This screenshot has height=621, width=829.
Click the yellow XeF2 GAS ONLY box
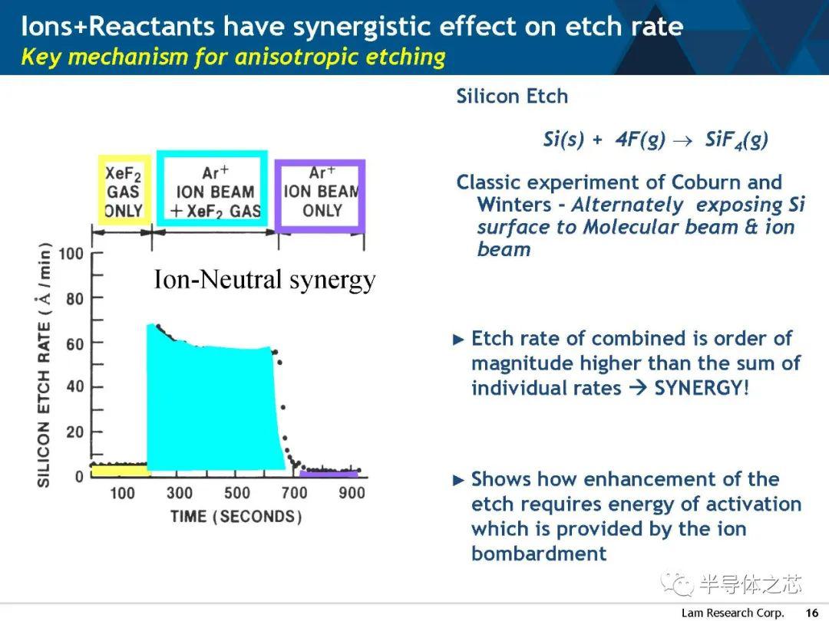(x=101, y=190)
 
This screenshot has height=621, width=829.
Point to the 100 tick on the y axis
(x=71, y=254)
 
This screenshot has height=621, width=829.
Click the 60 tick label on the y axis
(x=75, y=343)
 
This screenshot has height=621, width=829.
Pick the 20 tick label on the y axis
(x=75, y=432)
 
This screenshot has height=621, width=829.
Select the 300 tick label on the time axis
(x=180, y=493)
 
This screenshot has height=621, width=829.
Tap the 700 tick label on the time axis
(x=295, y=493)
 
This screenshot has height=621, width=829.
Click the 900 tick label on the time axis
(x=352, y=493)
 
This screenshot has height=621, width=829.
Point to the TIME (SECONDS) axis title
(x=236, y=516)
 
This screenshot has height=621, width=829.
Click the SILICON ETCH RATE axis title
(x=44, y=365)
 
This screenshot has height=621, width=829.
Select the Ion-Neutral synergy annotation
(x=264, y=279)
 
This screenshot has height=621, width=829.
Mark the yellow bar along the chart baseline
(x=120, y=471)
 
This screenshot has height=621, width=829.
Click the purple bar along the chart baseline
(x=329, y=475)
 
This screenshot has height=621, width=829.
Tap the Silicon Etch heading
(x=512, y=96)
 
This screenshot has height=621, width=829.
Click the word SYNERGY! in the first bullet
(x=702, y=388)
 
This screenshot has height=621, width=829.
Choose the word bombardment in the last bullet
(x=539, y=554)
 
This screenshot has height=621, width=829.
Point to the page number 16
(x=811, y=613)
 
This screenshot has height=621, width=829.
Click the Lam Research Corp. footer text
(x=733, y=613)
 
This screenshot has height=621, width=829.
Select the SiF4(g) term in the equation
(x=736, y=140)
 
